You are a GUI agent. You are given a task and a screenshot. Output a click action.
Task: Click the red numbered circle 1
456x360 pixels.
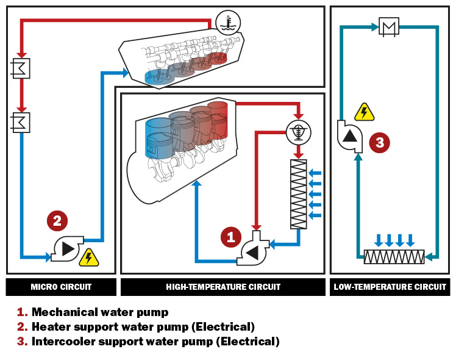(x=230, y=237)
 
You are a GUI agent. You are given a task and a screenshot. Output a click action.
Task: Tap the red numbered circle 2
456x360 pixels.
(x=57, y=221)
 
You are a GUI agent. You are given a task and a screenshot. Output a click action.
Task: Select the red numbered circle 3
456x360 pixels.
(x=379, y=143)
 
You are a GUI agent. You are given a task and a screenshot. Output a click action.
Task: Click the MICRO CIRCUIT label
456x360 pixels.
(x=61, y=287)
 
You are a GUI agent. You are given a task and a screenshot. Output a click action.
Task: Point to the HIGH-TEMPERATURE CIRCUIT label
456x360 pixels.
(x=223, y=287)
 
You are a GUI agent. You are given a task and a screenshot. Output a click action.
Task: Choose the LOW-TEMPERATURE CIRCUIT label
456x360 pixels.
(x=390, y=287)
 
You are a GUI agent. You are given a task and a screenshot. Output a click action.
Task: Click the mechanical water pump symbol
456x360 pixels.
(x=251, y=250)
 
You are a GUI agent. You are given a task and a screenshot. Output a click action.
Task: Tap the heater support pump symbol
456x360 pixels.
(x=66, y=248)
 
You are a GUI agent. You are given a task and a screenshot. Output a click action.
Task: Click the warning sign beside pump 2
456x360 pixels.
(x=89, y=257)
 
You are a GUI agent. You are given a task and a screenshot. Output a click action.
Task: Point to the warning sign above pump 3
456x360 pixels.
(x=364, y=112)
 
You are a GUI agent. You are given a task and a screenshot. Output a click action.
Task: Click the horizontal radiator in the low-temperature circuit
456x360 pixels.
(x=394, y=257)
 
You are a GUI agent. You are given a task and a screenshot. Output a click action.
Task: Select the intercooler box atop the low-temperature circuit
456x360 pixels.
(x=388, y=27)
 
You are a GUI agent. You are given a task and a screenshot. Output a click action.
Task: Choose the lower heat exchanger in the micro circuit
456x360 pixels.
(x=21, y=122)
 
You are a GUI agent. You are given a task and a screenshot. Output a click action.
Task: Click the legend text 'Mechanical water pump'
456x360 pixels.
(x=99, y=312)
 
